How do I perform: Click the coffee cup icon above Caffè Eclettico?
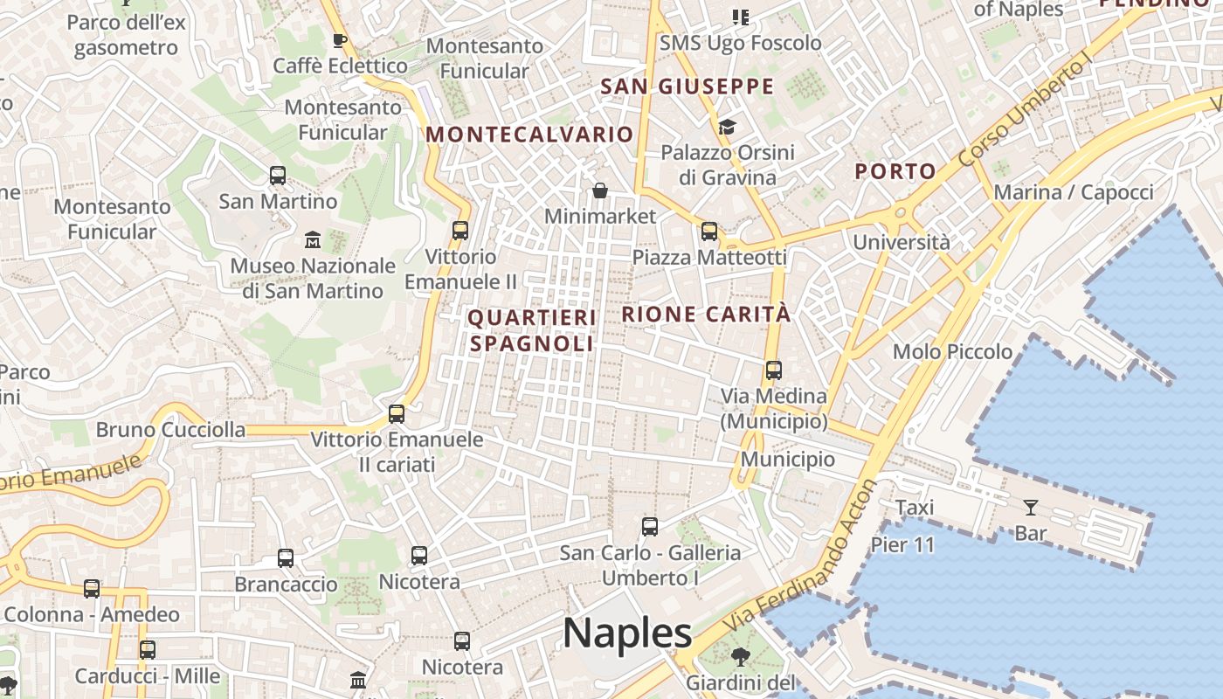pos(340,40)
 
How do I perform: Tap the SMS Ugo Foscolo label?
pos(740,43)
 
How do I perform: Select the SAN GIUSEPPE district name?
pos(688,87)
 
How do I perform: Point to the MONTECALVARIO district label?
pos(529,135)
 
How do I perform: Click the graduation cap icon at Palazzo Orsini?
pos(727,128)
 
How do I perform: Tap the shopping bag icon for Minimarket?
pos(600,190)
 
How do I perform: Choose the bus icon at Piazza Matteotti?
pos(709,232)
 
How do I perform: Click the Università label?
pos(902,242)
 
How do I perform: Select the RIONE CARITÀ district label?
pos(706,315)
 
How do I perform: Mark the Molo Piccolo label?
pos(952,352)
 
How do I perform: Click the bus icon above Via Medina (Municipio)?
pos(773,370)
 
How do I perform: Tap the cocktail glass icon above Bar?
pos(1031,507)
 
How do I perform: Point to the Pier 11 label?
pos(902,545)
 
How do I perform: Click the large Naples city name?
pos(627,633)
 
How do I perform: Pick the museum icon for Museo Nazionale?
pos(313,239)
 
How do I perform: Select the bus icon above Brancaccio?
pos(286,558)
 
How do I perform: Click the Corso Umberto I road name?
pos(1026,110)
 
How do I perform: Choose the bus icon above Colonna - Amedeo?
pos(92,589)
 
